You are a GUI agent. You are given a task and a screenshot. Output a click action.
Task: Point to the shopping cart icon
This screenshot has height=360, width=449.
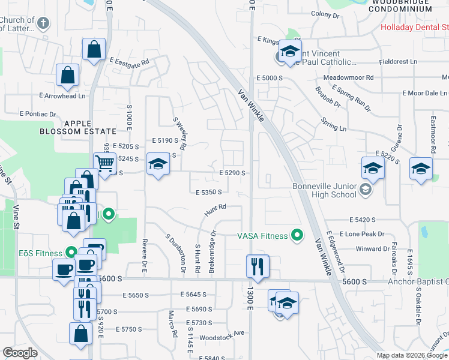pyautogui.click(x=104, y=163)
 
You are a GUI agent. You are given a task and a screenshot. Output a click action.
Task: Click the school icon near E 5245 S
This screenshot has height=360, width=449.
pyautogui.click(x=158, y=164)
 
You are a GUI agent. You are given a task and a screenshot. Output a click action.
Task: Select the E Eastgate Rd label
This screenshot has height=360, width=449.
pyautogui.click(x=129, y=61)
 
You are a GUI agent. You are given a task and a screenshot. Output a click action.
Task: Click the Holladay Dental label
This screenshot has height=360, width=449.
pyautogui.click(x=415, y=27)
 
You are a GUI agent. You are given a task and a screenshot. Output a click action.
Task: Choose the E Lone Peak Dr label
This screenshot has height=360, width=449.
pyautogui.click(x=361, y=233)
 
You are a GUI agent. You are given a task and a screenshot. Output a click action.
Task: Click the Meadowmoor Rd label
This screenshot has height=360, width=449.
pyautogui.click(x=348, y=78)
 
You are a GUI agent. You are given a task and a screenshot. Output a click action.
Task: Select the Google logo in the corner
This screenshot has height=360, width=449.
pyautogui.click(x=20, y=353)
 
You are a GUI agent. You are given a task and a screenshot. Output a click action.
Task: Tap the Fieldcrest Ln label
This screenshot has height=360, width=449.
pyautogui.click(x=399, y=62)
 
